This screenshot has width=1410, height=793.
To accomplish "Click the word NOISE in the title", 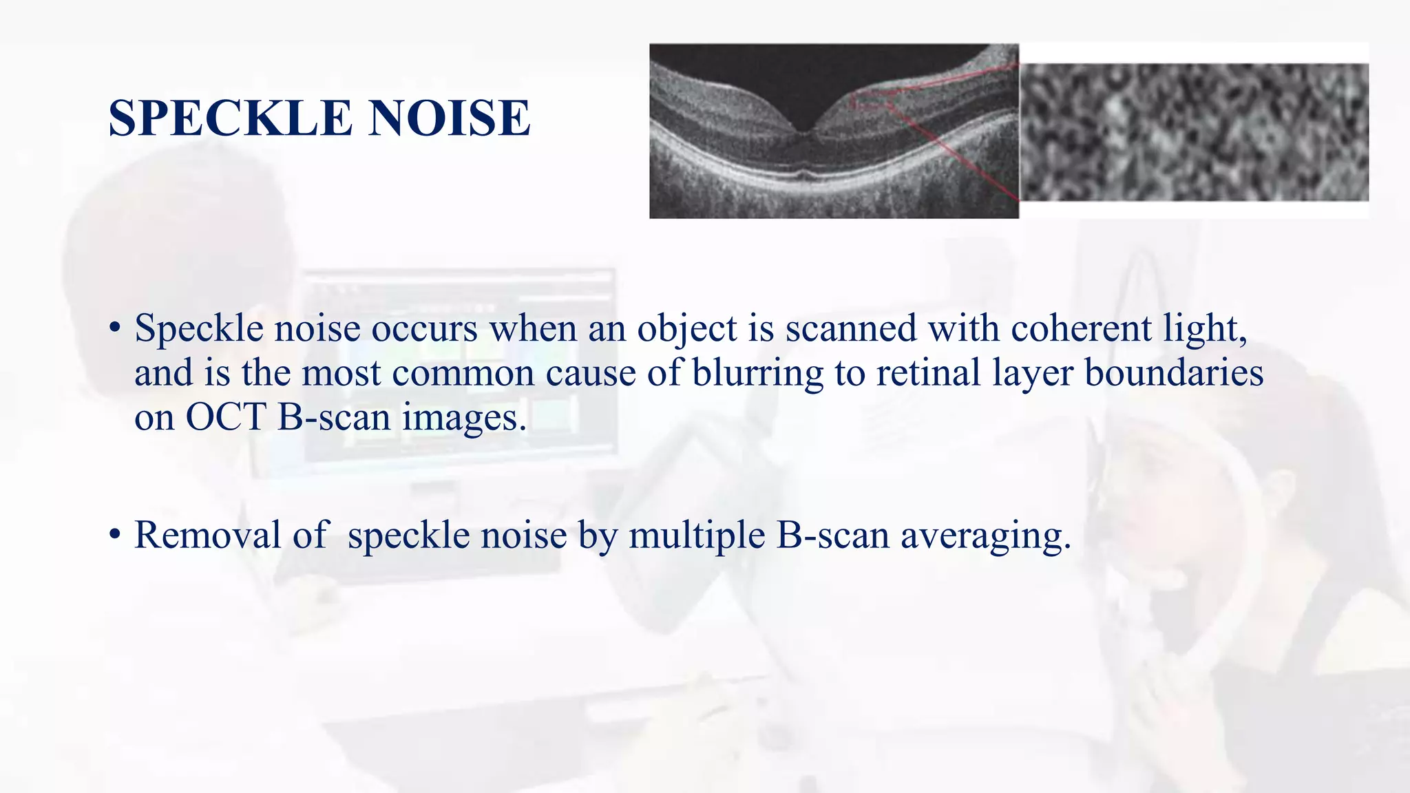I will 449,118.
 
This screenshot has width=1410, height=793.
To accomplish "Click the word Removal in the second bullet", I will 207,535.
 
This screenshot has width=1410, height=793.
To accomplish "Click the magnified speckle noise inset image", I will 1194,132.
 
